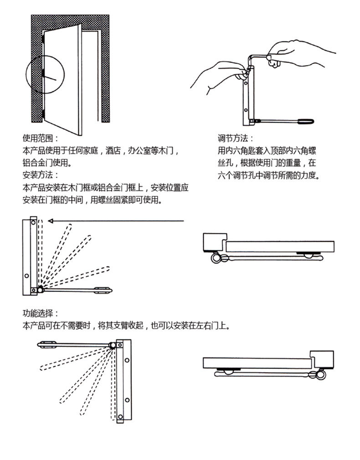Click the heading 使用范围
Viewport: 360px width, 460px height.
click(40, 138)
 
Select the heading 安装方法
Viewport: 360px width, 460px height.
click(40, 175)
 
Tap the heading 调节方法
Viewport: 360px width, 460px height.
click(235, 138)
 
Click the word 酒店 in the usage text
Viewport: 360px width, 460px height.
click(113, 150)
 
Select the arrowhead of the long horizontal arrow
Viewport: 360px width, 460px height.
click(51, 221)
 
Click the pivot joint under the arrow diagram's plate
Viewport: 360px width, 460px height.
click(41, 289)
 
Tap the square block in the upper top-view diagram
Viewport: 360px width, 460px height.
click(214, 243)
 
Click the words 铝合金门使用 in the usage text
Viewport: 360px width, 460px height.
click(46, 163)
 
